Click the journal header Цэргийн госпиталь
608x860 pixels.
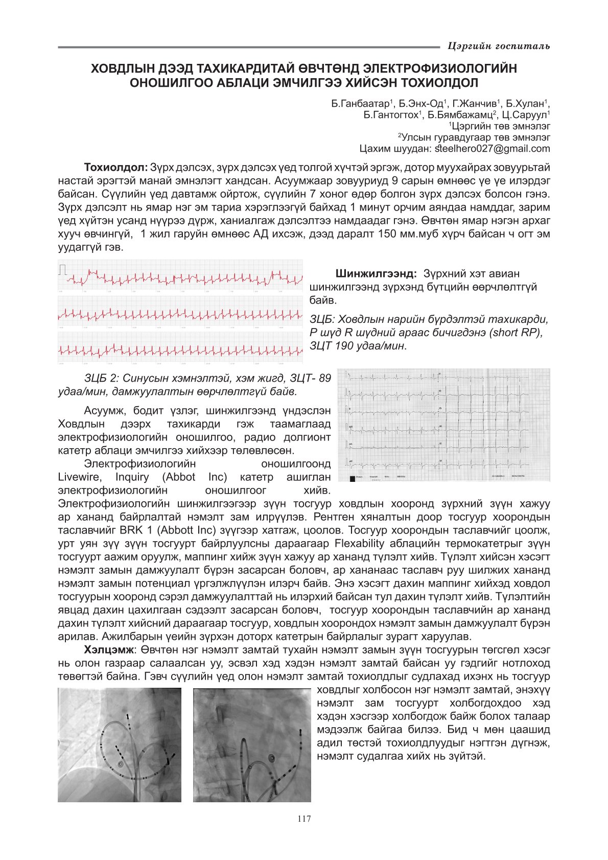pyautogui.click(x=498, y=47)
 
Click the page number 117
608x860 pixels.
pyautogui.click(x=303, y=819)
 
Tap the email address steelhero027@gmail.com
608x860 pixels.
pyautogui.click(x=493, y=149)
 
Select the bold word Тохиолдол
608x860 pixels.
pyautogui.click(x=116, y=168)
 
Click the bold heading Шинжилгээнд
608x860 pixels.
pyautogui.click(x=376, y=274)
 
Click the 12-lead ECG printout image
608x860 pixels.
pyautogui.click(x=443, y=425)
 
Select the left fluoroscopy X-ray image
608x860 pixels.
pyautogui.click(x=120, y=745)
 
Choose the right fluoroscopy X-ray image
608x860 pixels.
pyautogui.click(x=251, y=745)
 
